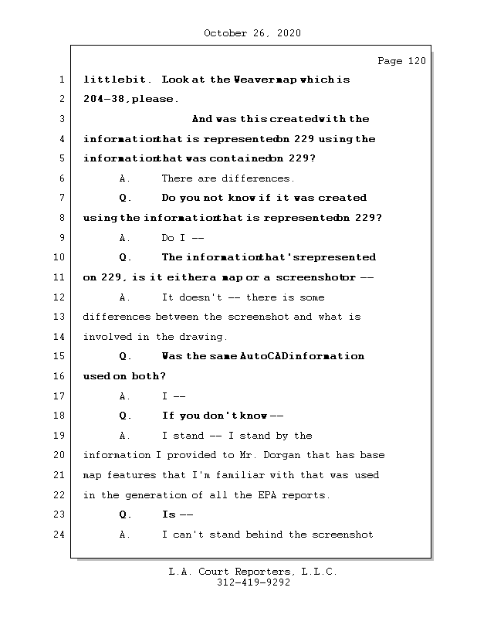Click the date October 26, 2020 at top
252,33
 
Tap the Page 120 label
401,61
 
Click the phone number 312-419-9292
253,583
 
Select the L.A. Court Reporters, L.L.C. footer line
252,572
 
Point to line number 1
60,80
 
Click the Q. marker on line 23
126,514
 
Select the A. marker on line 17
125,396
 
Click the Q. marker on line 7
126,199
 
